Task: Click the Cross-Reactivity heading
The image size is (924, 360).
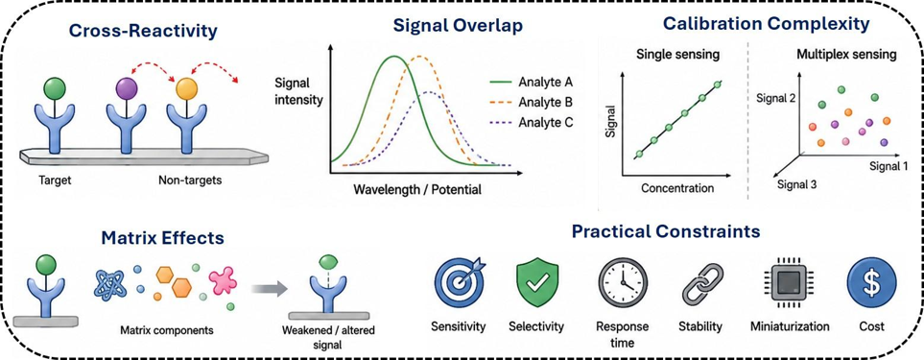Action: [x=143, y=30]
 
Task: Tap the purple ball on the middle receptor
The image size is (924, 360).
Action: [x=127, y=89]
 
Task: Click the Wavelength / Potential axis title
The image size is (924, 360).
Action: [x=417, y=190]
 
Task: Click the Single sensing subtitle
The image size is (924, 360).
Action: [x=670, y=55]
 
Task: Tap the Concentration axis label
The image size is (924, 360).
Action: [x=677, y=188]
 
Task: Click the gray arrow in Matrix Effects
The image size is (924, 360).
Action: [x=269, y=288]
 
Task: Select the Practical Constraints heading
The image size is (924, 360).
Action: [x=665, y=231]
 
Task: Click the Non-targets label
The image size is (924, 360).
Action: [x=190, y=180]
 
